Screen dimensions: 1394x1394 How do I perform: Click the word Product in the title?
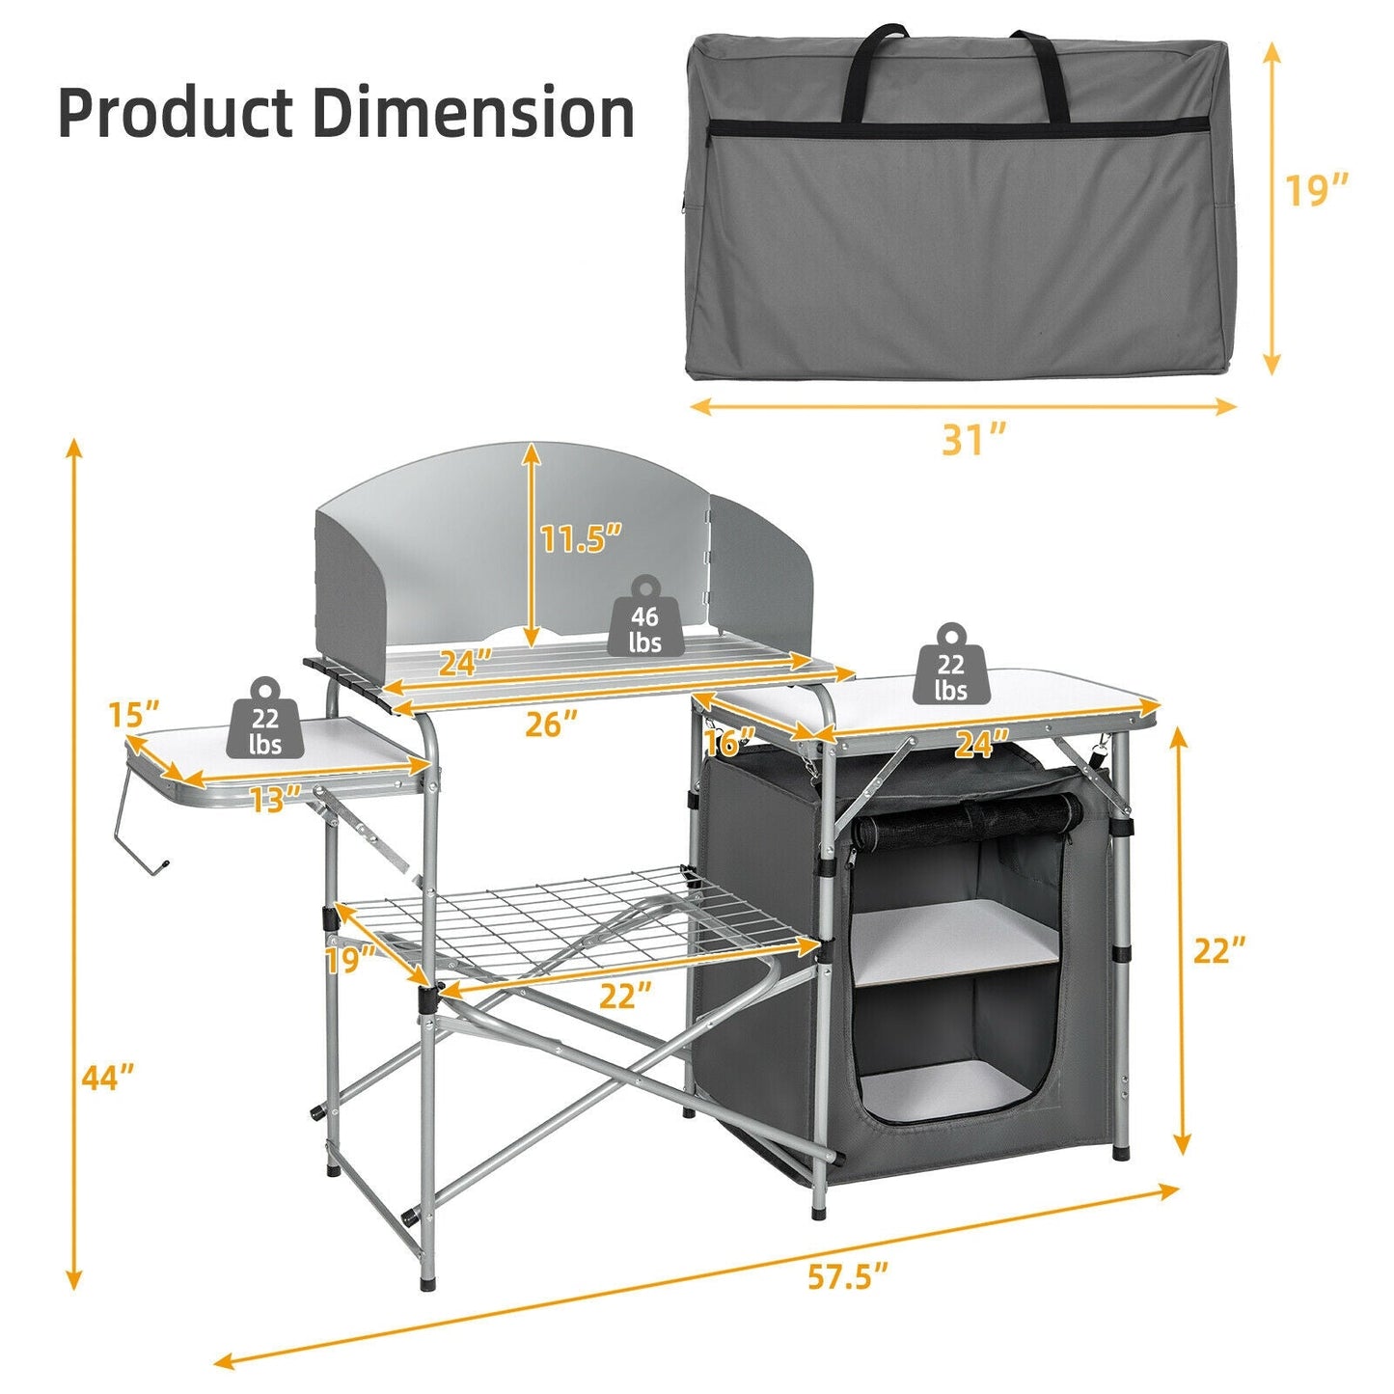point(175,113)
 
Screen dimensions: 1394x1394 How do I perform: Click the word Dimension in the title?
point(473,113)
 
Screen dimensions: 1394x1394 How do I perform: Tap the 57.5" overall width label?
point(847,1277)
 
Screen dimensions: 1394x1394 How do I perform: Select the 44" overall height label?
point(107,1078)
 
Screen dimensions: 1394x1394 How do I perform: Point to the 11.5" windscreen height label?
point(580,538)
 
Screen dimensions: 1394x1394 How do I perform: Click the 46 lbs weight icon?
point(644,619)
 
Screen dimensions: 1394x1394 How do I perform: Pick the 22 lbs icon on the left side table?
point(265,720)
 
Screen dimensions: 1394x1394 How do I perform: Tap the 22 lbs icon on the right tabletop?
point(950,666)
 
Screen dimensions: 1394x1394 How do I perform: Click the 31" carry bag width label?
point(974,440)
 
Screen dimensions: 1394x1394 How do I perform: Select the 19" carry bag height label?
point(1316,190)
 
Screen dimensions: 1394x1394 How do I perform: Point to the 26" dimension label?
point(551,724)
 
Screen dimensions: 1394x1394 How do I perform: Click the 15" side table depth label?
point(133,715)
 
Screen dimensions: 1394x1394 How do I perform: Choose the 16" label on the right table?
point(729,742)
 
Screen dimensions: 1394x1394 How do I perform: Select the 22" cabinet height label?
point(1219,950)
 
